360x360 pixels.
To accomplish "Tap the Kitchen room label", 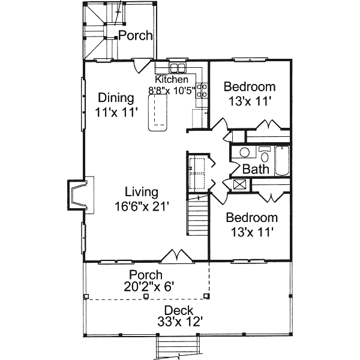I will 172,79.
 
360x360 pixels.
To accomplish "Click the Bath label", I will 256,169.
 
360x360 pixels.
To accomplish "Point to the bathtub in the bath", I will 282,161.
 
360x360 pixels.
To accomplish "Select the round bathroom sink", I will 245,152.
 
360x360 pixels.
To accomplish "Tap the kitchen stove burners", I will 202,91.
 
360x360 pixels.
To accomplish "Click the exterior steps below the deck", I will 178,347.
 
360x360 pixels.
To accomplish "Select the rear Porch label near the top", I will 135,35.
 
